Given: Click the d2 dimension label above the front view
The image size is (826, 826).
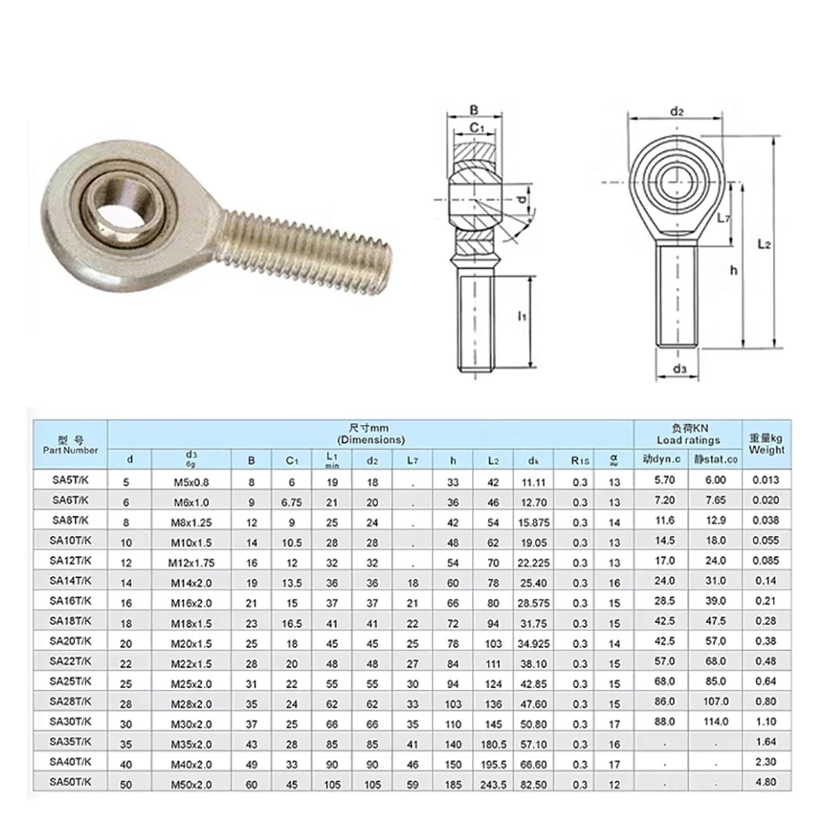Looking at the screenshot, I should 676,112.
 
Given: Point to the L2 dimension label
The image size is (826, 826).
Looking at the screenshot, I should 764,244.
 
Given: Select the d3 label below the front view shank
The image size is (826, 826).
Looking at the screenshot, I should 679,369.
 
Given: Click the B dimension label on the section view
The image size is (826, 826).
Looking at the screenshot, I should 474,109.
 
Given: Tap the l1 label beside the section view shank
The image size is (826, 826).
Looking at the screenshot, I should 522,315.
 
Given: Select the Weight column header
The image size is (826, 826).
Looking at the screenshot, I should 766,444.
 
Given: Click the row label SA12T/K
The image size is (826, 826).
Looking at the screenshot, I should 70,560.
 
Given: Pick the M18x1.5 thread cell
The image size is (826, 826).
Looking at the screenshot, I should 192,624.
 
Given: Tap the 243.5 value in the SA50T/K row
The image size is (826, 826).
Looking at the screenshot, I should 493,785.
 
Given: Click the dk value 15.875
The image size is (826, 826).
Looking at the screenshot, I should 534,522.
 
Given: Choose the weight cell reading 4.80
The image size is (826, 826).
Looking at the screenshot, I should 766,782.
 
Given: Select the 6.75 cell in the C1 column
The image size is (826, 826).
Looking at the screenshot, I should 292,502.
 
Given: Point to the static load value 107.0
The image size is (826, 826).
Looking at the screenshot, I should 716,701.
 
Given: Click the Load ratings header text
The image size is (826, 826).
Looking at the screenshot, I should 688,440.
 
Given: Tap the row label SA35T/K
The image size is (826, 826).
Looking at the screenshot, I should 70,741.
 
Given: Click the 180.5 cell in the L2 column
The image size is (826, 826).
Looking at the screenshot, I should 493,744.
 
